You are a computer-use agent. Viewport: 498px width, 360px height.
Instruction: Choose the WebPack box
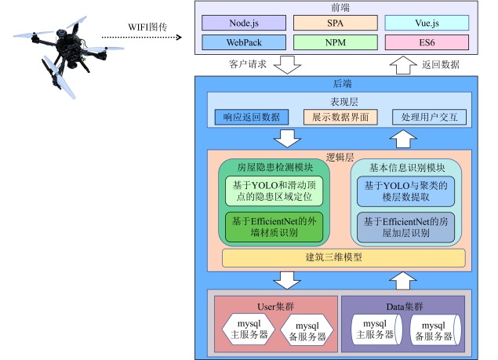pyautogui.click(x=244, y=42)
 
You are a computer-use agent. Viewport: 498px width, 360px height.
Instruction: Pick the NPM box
pyautogui.click(x=336, y=42)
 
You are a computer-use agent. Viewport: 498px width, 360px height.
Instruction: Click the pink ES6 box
pyautogui.click(x=427, y=42)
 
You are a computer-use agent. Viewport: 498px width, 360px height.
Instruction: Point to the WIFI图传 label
pyautogui.click(x=147, y=27)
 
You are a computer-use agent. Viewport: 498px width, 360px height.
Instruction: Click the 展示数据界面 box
pyautogui.click(x=340, y=117)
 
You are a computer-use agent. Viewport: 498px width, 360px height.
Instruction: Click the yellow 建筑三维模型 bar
pyautogui.click(x=344, y=257)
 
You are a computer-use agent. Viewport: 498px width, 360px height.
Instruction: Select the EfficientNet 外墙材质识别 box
pyautogui.click(x=274, y=227)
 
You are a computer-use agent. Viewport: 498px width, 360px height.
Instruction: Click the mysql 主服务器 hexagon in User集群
pyautogui.click(x=249, y=329)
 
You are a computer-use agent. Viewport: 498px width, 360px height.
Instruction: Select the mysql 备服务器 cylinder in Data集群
pyautogui.click(x=432, y=330)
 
